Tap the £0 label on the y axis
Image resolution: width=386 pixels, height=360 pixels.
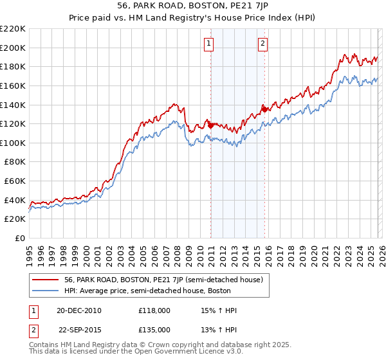20,238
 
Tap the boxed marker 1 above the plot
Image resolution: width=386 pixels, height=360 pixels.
210,44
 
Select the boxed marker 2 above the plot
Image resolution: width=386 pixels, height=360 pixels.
264,44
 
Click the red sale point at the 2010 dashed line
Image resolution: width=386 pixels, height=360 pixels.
210,125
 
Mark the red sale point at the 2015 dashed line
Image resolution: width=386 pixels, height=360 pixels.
264,109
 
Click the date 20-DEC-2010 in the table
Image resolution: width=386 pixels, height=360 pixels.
78,310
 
